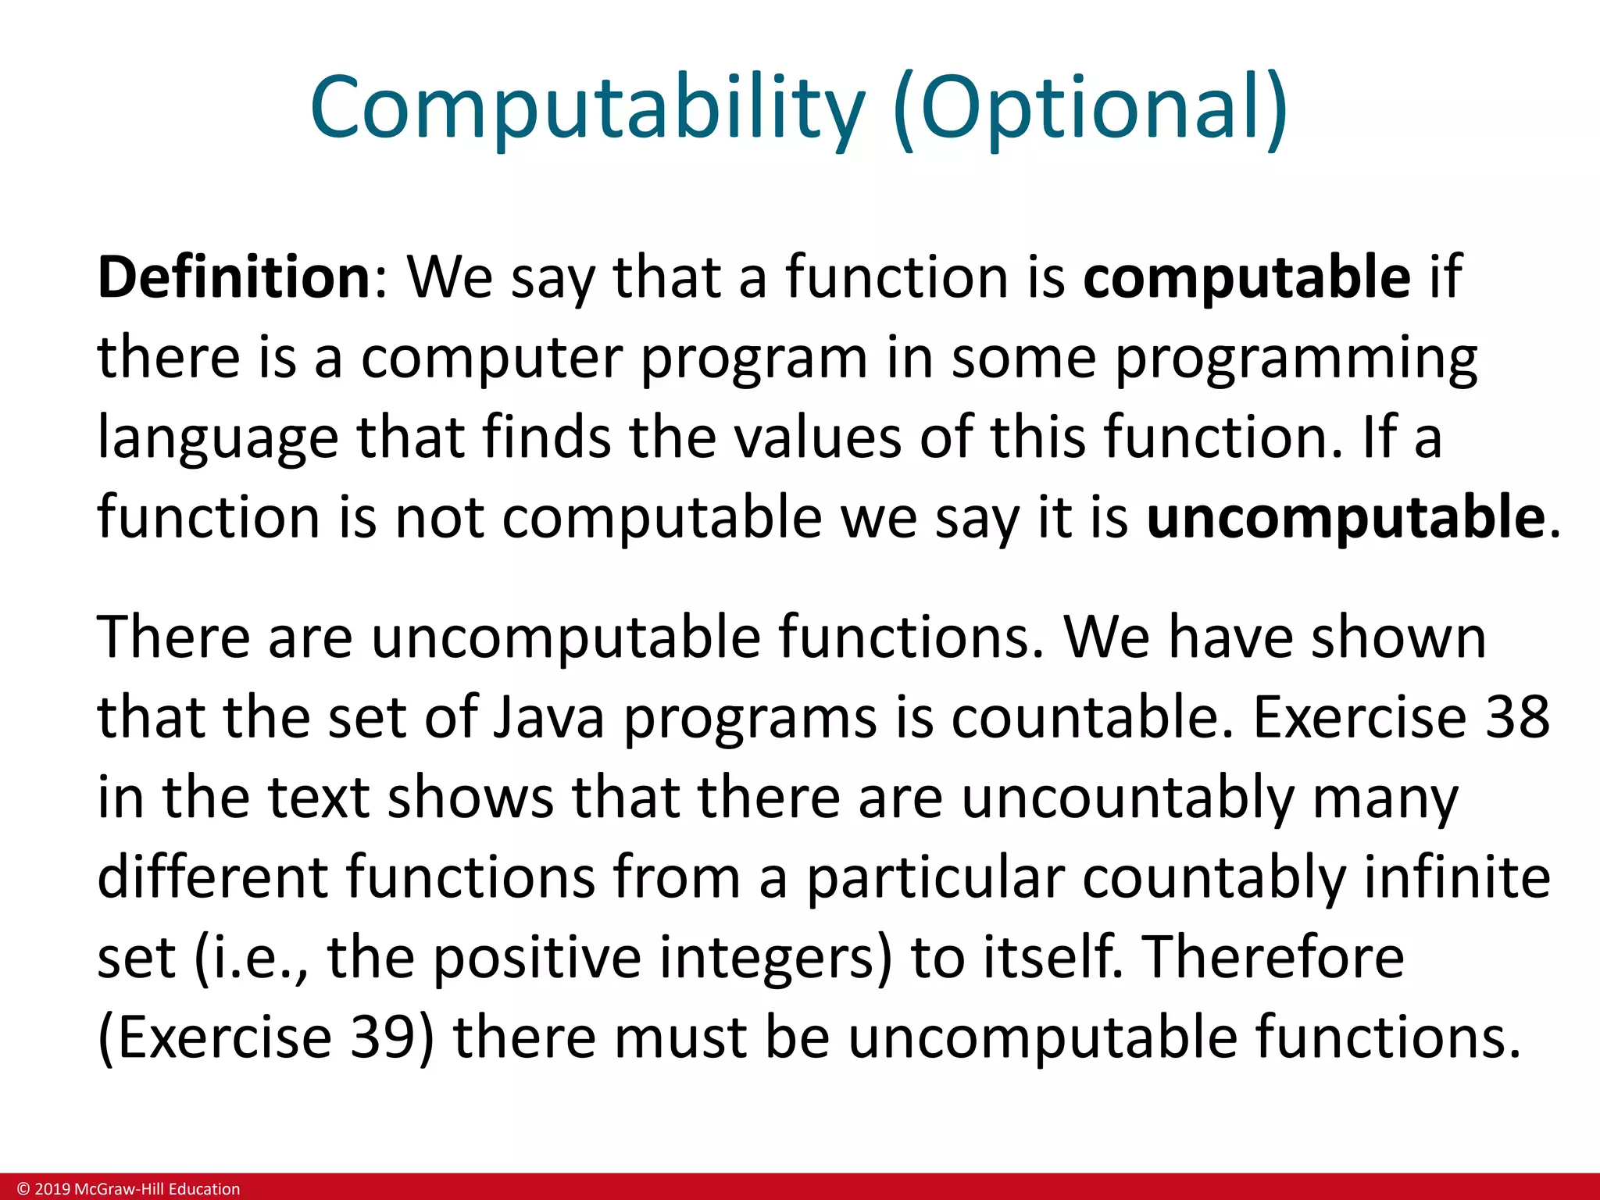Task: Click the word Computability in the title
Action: pyautogui.click(x=587, y=107)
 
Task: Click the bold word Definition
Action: pyautogui.click(x=234, y=277)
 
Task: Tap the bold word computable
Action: pyautogui.click(x=1247, y=277)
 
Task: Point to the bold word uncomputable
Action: pyautogui.click(x=1345, y=517)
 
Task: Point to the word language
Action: pyautogui.click(x=217, y=437)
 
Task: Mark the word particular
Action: pyautogui.click(x=935, y=877)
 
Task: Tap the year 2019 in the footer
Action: pyautogui.click(x=52, y=1189)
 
